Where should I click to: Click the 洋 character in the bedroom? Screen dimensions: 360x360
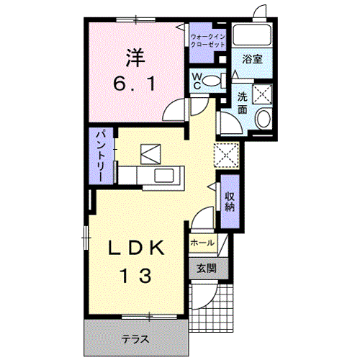[x=136, y=58]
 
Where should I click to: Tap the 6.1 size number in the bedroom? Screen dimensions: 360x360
[x=135, y=84]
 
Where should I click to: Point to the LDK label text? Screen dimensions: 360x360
[x=137, y=248]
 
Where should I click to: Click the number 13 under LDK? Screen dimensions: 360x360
[x=136, y=276]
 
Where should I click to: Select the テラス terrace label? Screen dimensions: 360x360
[x=135, y=339]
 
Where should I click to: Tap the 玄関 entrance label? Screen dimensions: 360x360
[x=206, y=268]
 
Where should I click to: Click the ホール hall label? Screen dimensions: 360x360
[x=202, y=243]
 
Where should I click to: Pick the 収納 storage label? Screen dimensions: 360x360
[x=230, y=202]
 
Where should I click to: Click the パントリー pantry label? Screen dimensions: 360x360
[x=101, y=156]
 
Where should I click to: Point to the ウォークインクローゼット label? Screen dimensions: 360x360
[x=208, y=40]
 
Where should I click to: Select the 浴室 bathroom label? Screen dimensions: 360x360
[x=252, y=59]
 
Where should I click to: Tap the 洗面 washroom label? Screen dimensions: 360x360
[x=243, y=103]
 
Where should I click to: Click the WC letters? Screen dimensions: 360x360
[x=197, y=81]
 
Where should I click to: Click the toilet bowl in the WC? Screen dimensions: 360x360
[x=215, y=81]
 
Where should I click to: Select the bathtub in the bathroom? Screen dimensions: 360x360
[x=252, y=35]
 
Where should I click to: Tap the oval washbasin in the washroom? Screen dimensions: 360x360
[x=264, y=119]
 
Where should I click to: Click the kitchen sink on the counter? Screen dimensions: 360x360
[x=164, y=175]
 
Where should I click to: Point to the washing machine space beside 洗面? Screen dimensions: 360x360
[x=262, y=94]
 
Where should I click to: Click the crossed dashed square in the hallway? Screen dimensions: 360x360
[x=226, y=155]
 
